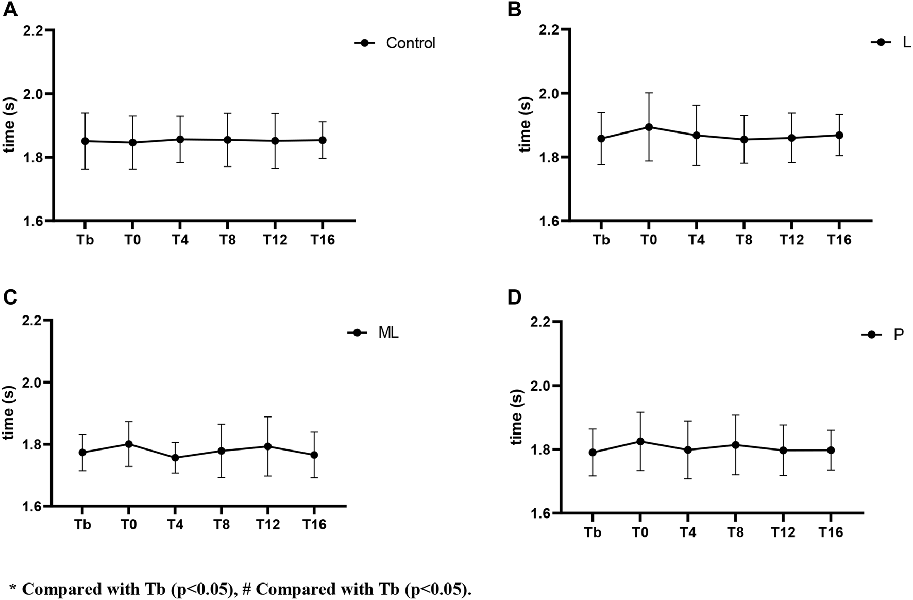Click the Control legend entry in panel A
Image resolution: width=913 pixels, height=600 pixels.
point(410,43)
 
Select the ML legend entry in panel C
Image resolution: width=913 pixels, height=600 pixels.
point(388,333)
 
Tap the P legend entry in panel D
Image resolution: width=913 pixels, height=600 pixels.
point(898,335)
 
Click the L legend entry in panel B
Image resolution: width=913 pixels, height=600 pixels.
point(906,43)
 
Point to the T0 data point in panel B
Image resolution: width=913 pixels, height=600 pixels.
point(649,127)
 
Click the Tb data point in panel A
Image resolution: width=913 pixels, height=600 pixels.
point(86,141)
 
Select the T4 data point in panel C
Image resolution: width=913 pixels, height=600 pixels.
point(175,457)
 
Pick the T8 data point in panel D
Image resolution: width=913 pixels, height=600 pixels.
point(736,445)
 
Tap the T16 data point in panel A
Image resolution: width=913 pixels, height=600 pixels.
point(322,140)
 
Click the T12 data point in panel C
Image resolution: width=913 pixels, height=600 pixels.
point(268,446)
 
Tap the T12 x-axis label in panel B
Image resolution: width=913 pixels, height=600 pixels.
point(791,240)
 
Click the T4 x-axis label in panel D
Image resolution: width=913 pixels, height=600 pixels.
point(687,532)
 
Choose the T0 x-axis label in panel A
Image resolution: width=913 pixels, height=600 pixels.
point(132,240)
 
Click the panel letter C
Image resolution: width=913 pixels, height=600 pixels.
point(10,297)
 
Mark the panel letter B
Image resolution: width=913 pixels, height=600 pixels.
point(514,10)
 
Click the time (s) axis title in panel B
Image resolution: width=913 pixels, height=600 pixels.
point(525,125)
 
